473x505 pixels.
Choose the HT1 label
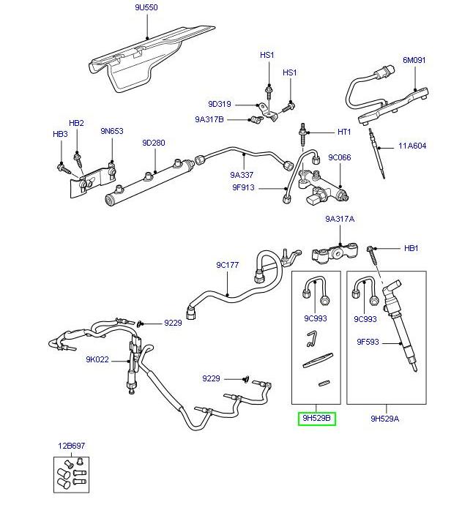pos(344,132)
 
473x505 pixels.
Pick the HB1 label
pos(411,248)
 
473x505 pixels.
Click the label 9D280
pos(154,143)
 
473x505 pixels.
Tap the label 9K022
pos(97,359)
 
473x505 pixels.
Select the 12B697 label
pos(72,444)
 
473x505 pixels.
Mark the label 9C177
pos(227,264)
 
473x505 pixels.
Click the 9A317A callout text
pos(340,219)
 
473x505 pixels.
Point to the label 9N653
pos(112,131)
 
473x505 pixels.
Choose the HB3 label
pos(59,135)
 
